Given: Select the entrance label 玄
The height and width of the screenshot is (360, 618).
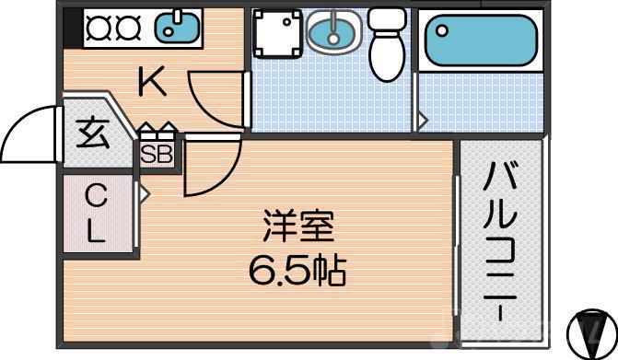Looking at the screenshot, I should (91, 134).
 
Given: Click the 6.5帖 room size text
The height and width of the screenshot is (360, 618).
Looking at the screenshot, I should (296, 270).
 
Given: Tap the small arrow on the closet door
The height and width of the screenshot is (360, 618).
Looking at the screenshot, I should (145, 193).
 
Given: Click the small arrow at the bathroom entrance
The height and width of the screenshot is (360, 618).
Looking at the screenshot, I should (423, 119).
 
